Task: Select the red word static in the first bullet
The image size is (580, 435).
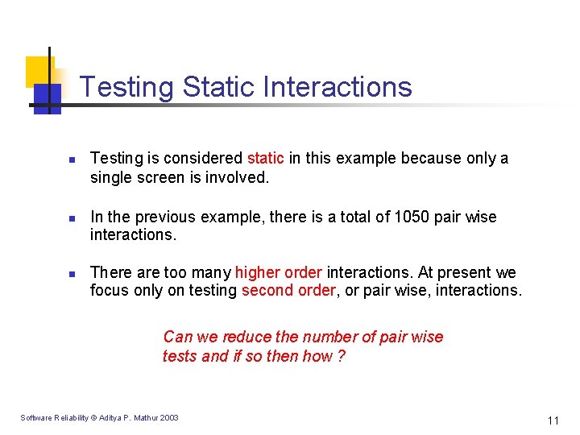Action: pos(266,158)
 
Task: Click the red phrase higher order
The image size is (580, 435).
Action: pos(279,272)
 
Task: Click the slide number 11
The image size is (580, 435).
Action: pos(553,420)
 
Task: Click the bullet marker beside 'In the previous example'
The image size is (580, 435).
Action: pos(71,218)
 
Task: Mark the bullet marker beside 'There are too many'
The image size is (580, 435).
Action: pos(71,274)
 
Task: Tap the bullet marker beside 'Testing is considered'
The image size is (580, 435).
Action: pos(71,159)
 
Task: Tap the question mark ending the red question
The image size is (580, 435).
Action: pos(342,356)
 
